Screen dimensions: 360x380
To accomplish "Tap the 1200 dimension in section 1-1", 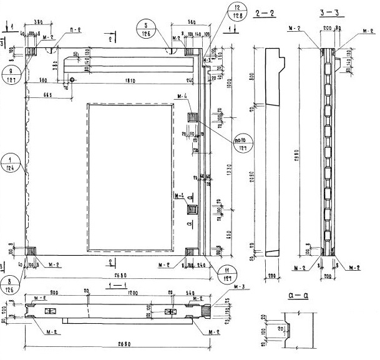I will click(130, 291).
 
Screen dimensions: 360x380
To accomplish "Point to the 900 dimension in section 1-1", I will click(55, 291).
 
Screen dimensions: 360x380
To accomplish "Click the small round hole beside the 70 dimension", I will click(73, 80).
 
